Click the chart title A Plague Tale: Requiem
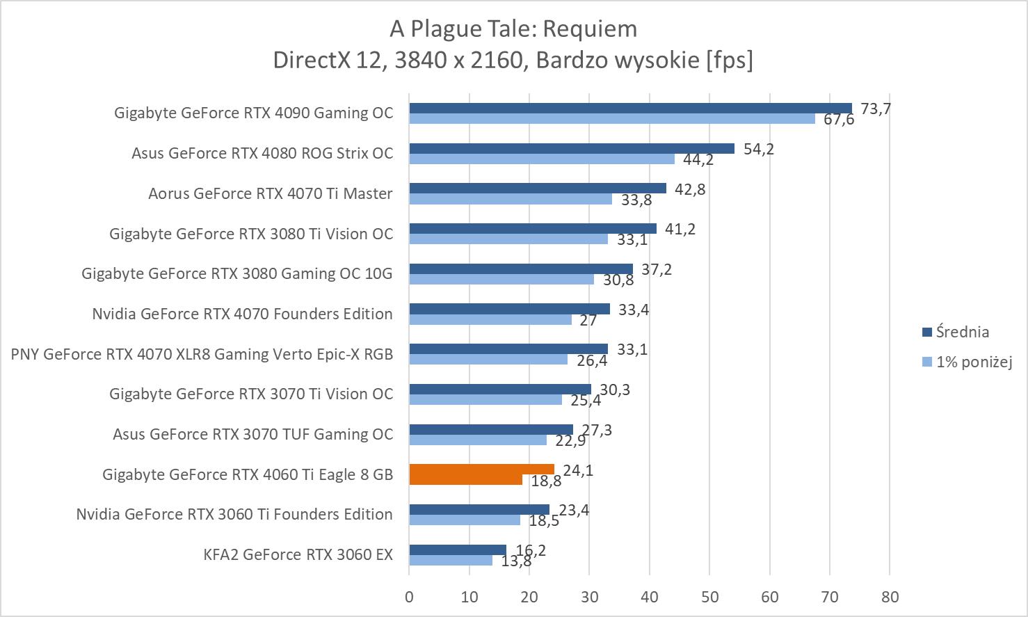pyautogui.click(x=513, y=29)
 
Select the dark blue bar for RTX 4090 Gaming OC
pyautogui.click(x=629, y=108)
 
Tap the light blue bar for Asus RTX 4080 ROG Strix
pyautogui.click(x=541, y=159)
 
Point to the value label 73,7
pyautogui.click(x=876, y=109)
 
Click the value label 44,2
pyautogui.click(x=698, y=160)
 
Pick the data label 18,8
pyautogui.click(x=546, y=481)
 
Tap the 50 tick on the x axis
pyautogui.click(x=709, y=597)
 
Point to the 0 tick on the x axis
pyautogui.click(x=409, y=597)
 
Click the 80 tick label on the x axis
pyautogui.click(x=890, y=597)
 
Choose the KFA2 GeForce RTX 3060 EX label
pyautogui.click(x=298, y=555)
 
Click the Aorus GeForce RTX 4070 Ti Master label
pyautogui.click(x=270, y=194)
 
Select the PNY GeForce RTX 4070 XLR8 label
pyautogui.click(x=202, y=355)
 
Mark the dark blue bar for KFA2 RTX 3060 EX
pyautogui.click(x=458, y=550)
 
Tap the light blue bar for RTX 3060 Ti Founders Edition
pyautogui.click(x=465, y=520)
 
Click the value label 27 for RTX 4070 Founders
pyautogui.click(x=588, y=321)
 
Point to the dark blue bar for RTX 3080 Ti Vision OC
pyautogui.click(x=532, y=228)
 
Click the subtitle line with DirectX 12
pyautogui.click(x=513, y=61)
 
